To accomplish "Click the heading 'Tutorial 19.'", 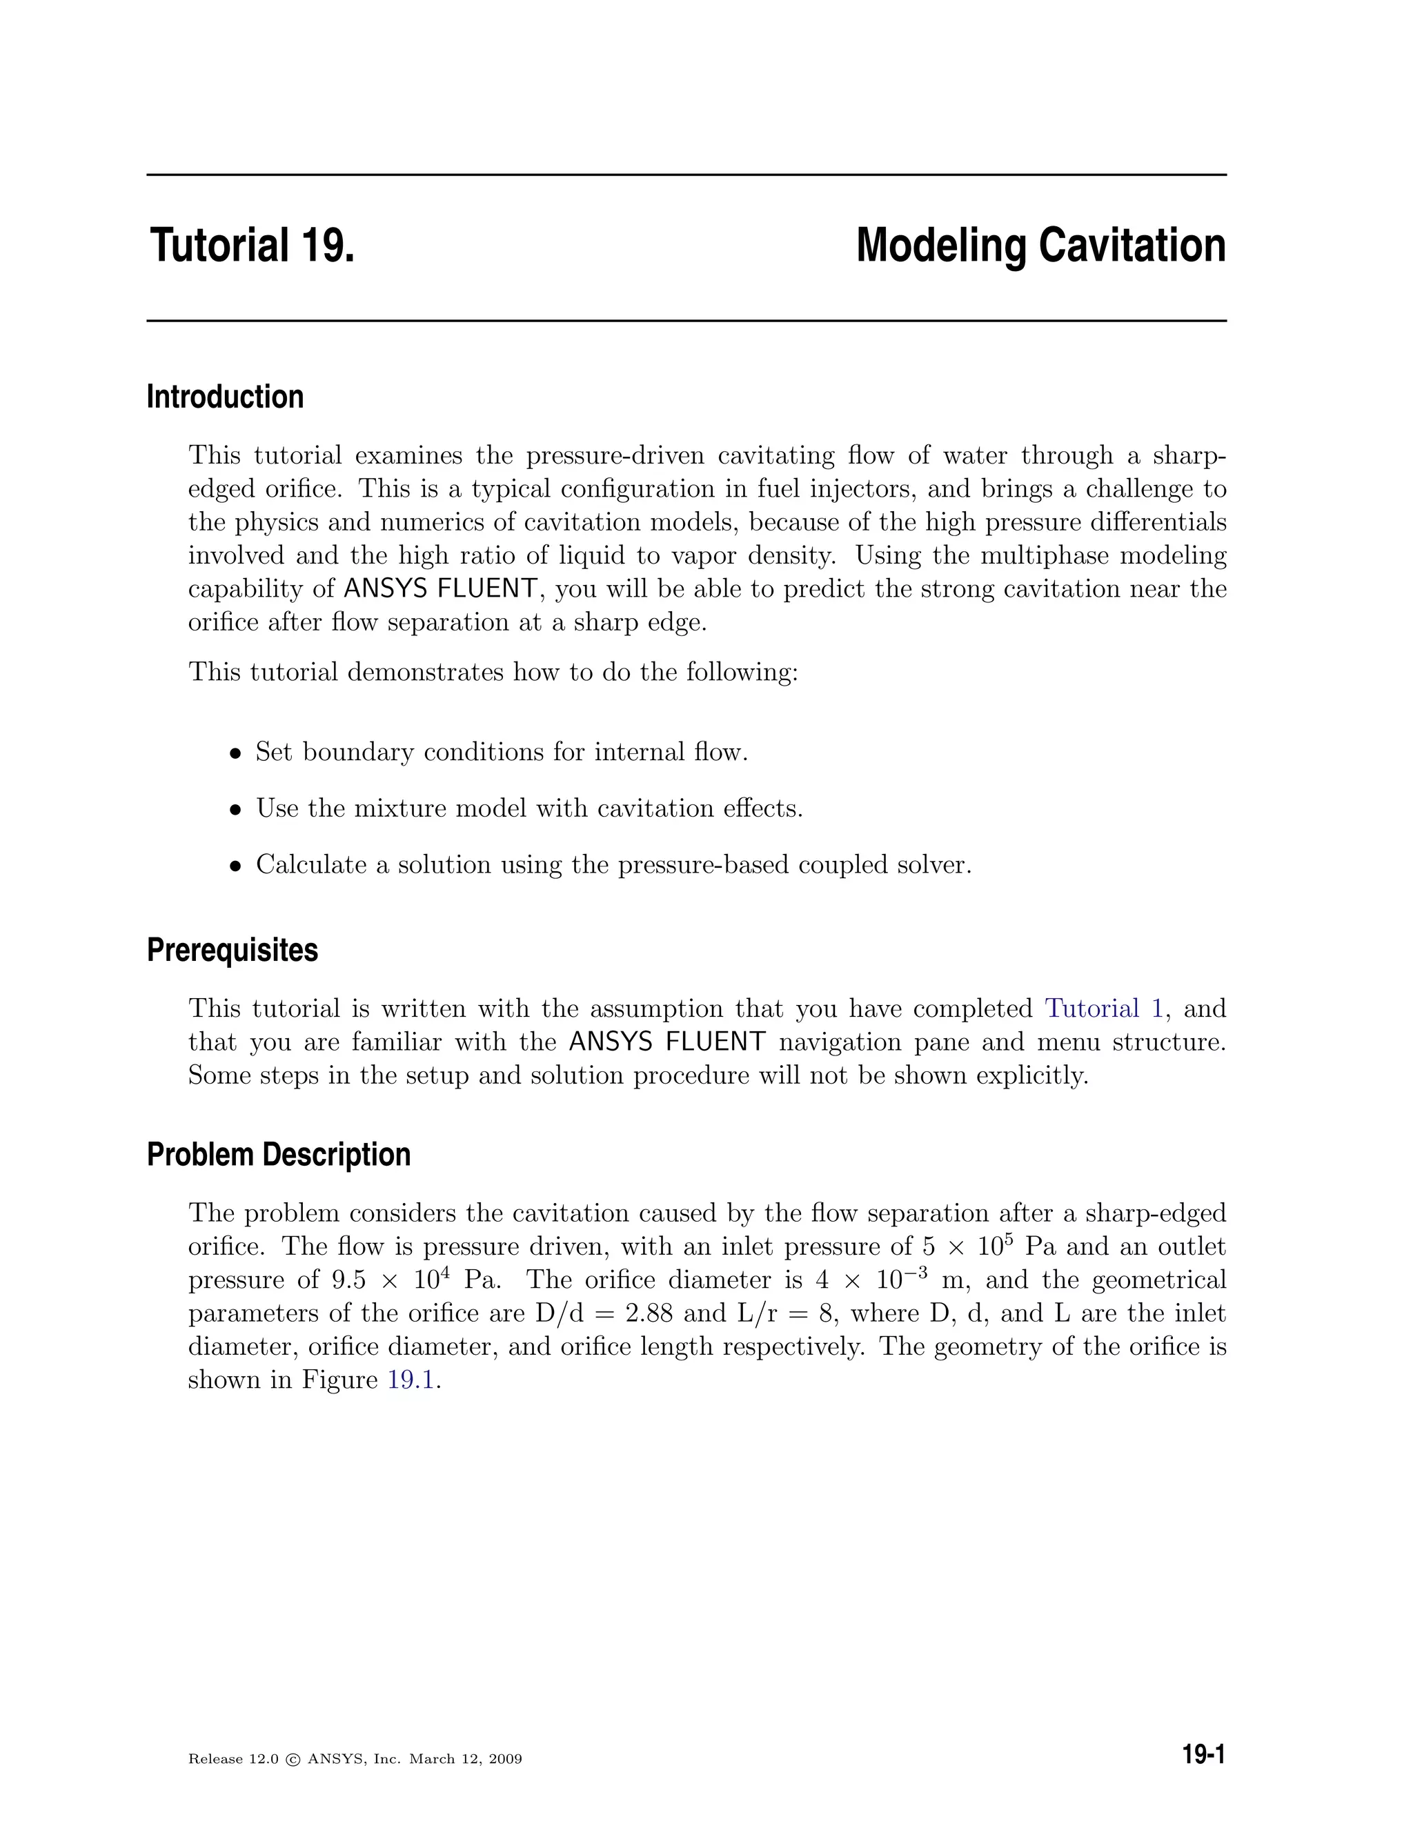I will point(252,247).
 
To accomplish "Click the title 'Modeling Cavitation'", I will point(1040,247).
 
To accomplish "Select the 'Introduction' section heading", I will point(224,397).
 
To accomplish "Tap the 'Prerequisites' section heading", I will point(232,951).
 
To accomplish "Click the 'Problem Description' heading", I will point(278,1155).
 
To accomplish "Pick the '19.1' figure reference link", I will point(411,1380).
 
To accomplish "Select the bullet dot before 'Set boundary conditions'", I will point(236,754).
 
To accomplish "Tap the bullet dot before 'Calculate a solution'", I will point(236,866).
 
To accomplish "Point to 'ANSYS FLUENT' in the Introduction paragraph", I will point(440,589).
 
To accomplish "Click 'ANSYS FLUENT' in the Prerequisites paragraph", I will point(666,1042).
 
